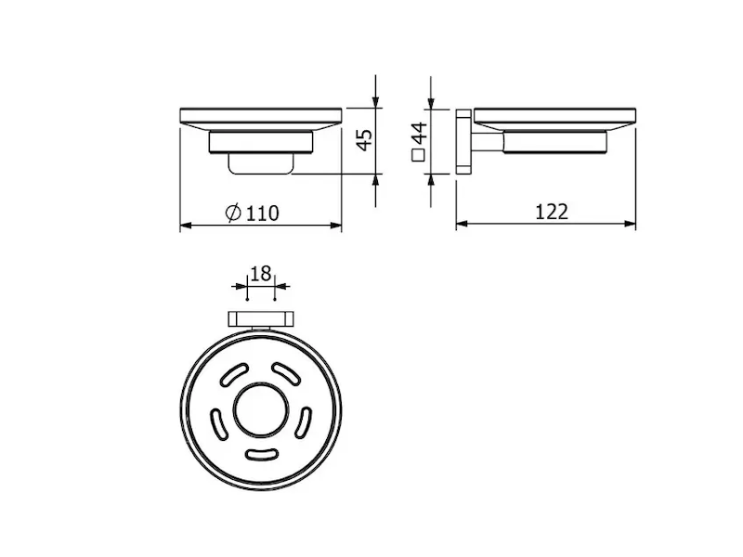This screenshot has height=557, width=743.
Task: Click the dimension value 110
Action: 263,214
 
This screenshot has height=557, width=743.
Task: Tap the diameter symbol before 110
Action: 233,213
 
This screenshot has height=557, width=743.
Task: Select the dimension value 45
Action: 365,140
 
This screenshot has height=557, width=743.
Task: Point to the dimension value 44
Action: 420,134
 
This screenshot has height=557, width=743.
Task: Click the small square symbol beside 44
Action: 419,156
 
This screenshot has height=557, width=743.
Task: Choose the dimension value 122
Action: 552,212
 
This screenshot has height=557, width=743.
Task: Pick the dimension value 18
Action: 261,273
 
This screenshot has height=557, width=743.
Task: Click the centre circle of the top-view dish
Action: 261,410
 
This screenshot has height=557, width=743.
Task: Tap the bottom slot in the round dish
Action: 261,454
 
